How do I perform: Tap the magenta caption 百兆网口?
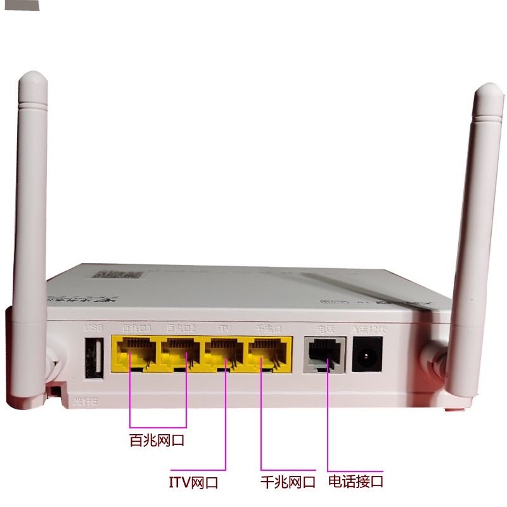157,440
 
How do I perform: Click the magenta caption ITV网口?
193,482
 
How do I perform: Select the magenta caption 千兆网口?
288,482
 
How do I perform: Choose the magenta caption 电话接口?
356,481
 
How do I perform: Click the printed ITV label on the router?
224,328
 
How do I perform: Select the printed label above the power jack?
367,328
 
